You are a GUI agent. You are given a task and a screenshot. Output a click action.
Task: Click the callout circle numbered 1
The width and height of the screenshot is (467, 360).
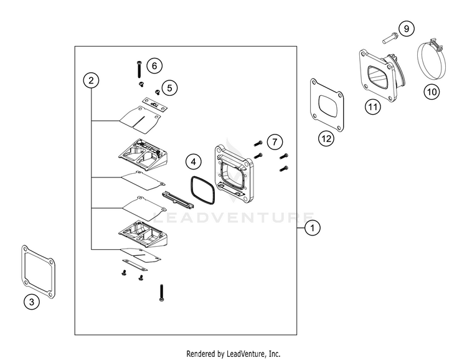click(313, 229)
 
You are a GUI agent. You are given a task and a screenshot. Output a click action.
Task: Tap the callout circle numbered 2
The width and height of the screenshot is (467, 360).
click(92, 80)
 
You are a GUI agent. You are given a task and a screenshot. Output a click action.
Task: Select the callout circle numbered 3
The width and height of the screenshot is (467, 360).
click(32, 302)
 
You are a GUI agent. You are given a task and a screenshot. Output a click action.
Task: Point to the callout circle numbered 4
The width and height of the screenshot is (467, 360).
click(194, 162)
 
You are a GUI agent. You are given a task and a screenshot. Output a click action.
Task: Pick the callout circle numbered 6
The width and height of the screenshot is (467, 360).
click(154, 65)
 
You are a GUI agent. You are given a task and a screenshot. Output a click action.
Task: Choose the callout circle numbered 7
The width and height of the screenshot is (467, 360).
click(275, 140)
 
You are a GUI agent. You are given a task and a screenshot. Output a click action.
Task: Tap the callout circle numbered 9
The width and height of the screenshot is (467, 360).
click(405, 29)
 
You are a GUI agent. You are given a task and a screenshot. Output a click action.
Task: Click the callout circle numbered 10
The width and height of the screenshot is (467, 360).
click(432, 92)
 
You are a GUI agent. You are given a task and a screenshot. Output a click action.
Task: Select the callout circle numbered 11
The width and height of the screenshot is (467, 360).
click(372, 107)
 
